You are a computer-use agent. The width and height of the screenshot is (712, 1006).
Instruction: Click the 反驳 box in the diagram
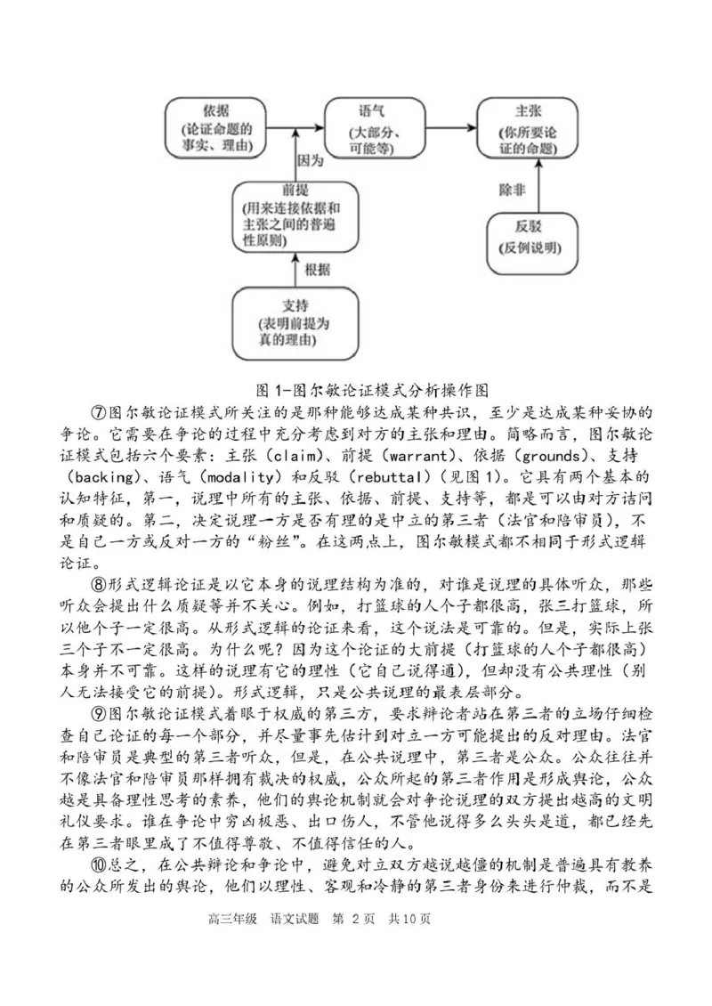tap(528, 236)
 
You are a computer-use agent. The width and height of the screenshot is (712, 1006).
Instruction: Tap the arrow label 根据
tap(317, 271)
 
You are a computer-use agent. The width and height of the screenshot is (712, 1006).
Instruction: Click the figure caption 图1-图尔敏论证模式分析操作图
tap(356, 389)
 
